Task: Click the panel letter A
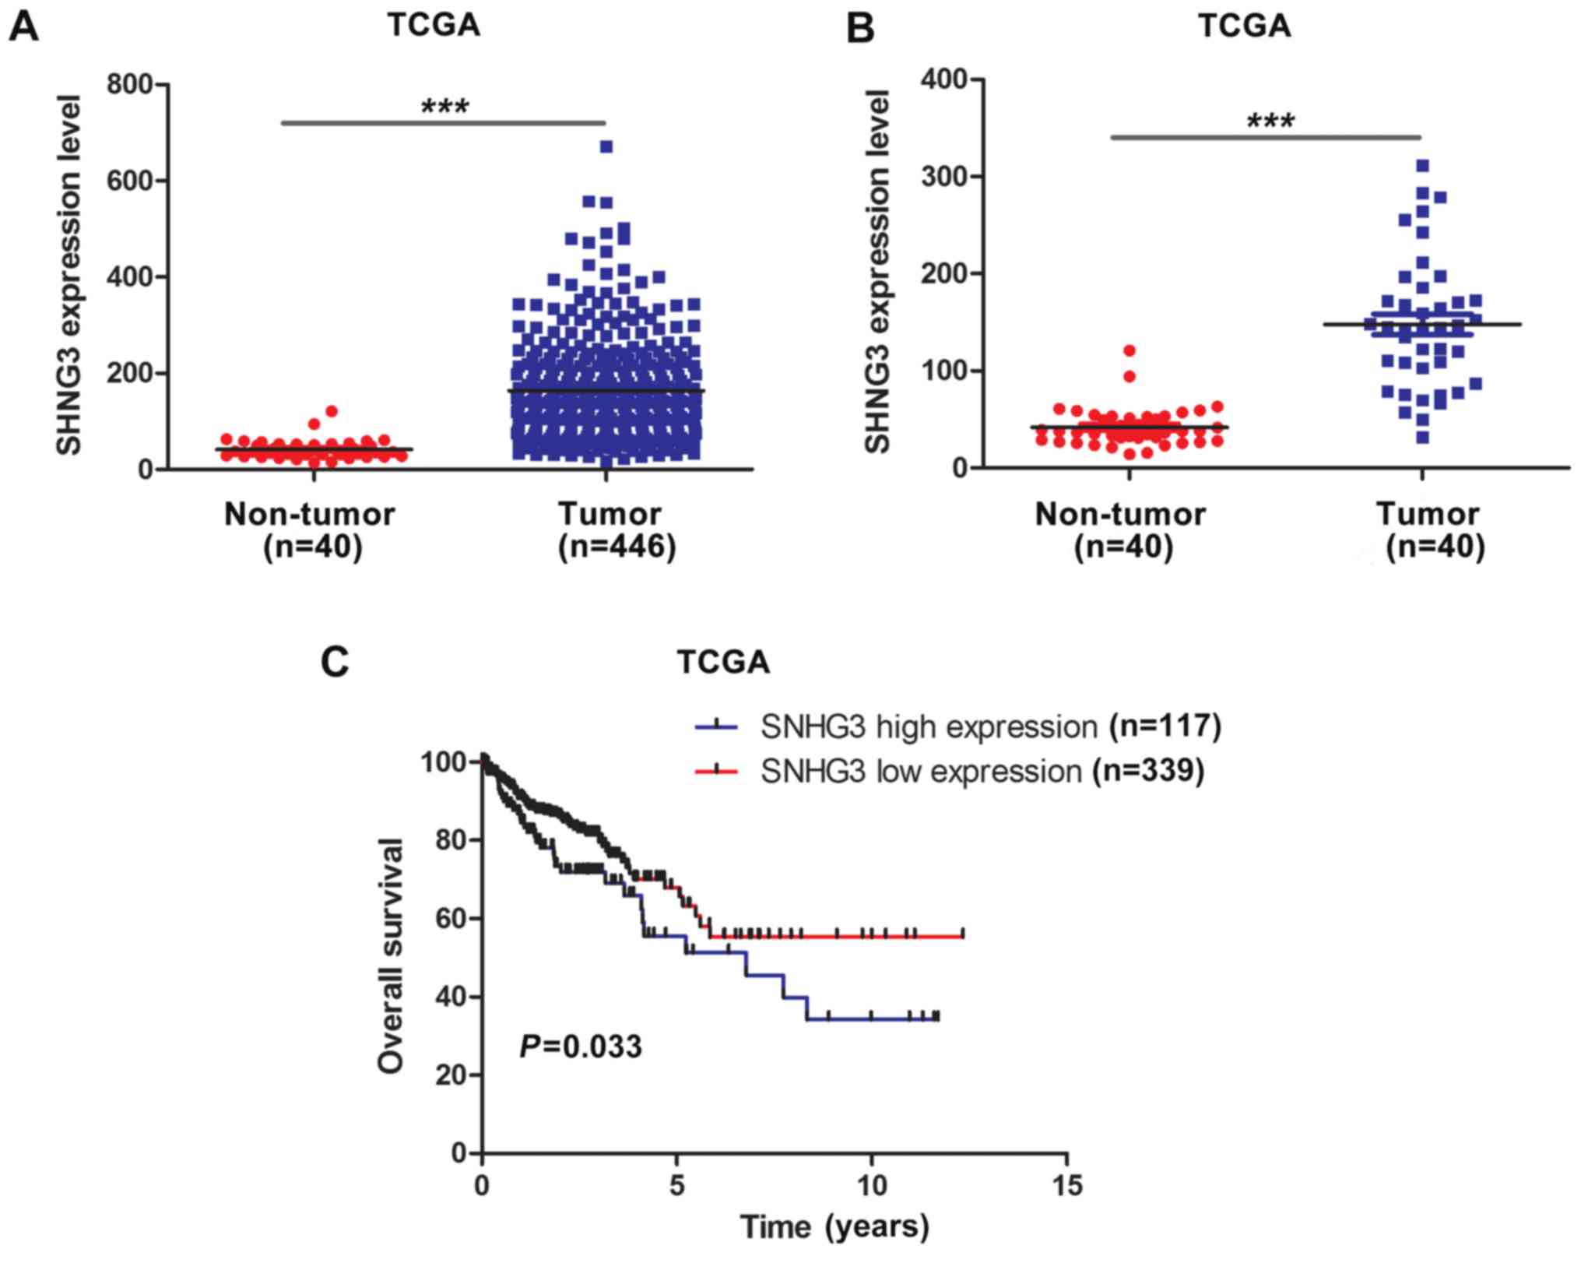click(x=24, y=28)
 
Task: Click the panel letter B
click(x=860, y=28)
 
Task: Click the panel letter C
click(x=335, y=663)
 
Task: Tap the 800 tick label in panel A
click(x=128, y=84)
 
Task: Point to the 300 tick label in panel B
click(x=943, y=177)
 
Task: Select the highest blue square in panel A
click(x=606, y=146)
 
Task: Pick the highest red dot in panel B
click(x=1130, y=350)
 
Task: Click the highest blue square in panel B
click(x=1422, y=165)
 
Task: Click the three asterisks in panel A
click(x=444, y=107)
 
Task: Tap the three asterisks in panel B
click(x=1270, y=122)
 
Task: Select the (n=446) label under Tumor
click(x=617, y=547)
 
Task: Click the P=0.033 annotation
click(x=581, y=1047)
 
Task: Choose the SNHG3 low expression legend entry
click(x=982, y=771)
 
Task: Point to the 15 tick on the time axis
click(x=1066, y=1185)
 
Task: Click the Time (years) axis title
click(x=834, y=1226)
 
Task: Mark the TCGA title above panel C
click(x=723, y=663)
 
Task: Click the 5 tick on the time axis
click(x=677, y=1185)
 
